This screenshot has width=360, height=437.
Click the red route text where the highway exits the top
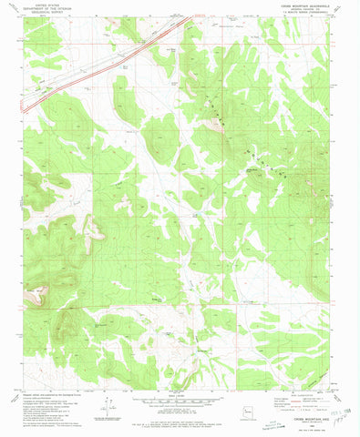click(x=198, y=15)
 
